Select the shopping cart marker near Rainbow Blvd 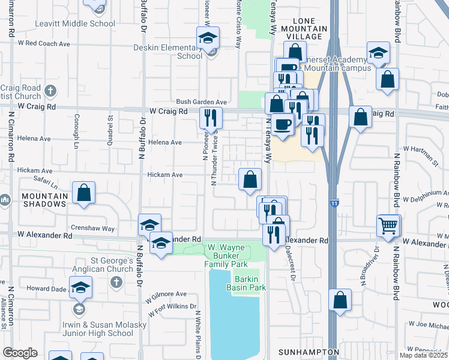(x=388, y=226)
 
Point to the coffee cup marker (x=282, y=124)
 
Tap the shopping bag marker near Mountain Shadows (x=84, y=193)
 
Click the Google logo (x=20, y=353)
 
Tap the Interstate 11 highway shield (x=334, y=203)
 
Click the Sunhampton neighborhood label (x=309, y=352)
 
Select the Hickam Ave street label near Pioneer (x=164, y=175)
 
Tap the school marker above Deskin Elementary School (x=207, y=38)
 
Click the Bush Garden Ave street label (x=201, y=102)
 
